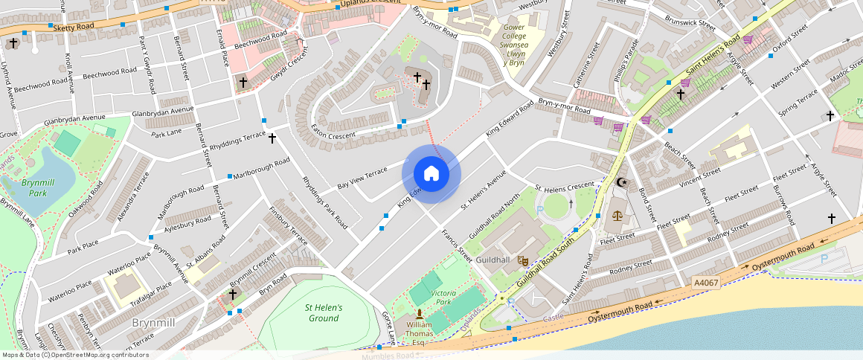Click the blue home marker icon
[x=431, y=174]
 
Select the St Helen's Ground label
[x=324, y=313]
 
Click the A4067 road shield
[x=706, y=283]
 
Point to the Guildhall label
[x=493, y=260]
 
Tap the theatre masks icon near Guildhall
[x=523, y=261]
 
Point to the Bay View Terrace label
[x=362, y=177]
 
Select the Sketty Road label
[x=75, y=27]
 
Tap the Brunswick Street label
[x=690, y=22]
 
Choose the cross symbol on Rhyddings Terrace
[x=272, y=138]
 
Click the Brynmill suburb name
[x=153, y=323]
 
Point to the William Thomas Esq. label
[x=420, y=333]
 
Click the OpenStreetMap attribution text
[x=75, y=355]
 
